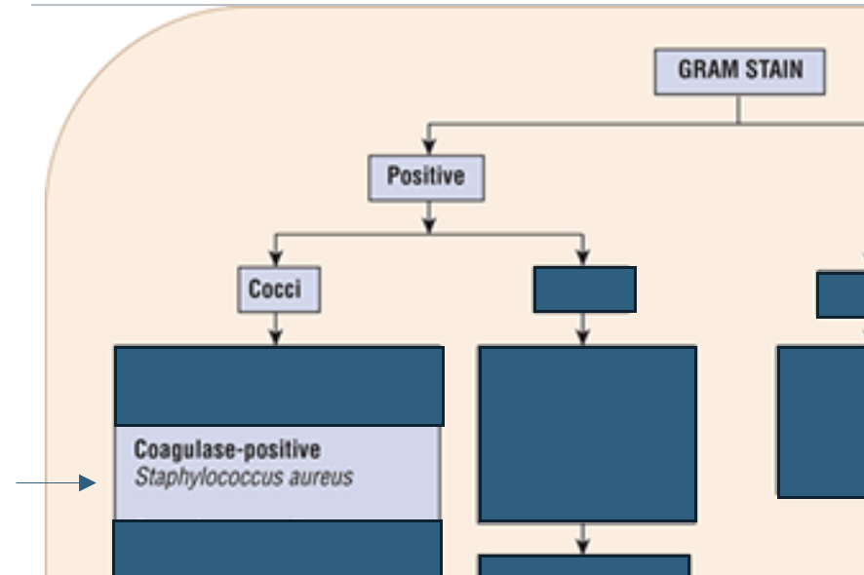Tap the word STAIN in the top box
[773, 70]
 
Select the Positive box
[426, 178]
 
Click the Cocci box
[279, 289]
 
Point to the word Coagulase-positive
[227, 449]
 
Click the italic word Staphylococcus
[209, 477]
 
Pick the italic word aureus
[321, 477]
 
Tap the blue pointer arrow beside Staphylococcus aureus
[57, 483]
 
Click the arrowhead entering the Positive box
[429, 146]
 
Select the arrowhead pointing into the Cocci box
[276, 258]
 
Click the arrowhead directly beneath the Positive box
[429, 226]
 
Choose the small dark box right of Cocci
[585, 289]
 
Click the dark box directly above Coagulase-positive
[279, 386]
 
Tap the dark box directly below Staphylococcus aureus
[278, 548]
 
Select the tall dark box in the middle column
[588, 434]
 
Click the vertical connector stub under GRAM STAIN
[738, 109]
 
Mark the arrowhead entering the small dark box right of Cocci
[583, 258]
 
